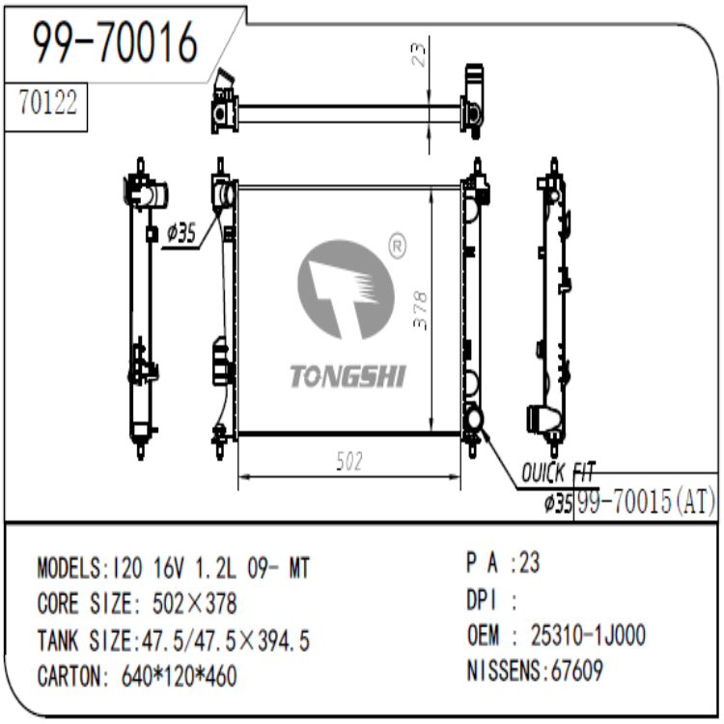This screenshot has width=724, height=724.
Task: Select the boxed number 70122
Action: [x=47, y=103]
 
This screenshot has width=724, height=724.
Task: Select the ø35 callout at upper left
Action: [x=181, y=233]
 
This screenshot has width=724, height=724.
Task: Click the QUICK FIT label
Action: [x=558, y=473]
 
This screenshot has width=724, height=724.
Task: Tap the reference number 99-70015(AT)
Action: [x=645, y=502]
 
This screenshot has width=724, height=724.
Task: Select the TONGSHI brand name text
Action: [x=348, y=376]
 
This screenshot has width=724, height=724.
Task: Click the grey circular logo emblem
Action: [x=346, y=291]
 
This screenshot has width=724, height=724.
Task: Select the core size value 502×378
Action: [x=194, y=604]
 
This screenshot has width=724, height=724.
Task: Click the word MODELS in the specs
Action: [x=68, y=568]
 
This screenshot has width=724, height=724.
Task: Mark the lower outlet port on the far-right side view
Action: [x=544, y=421]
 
